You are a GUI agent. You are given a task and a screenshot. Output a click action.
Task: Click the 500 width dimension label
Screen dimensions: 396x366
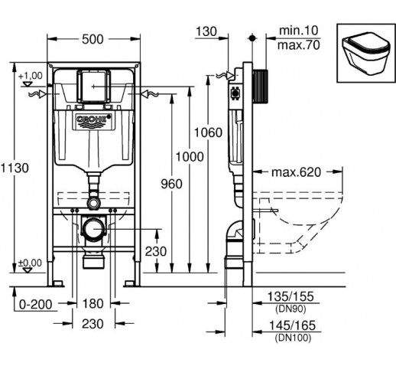click(93, 39)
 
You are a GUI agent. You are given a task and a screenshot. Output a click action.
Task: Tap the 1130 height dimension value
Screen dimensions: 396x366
click(15, 168)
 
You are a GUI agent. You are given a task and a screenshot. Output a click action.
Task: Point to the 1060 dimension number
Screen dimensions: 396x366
click(208, 132)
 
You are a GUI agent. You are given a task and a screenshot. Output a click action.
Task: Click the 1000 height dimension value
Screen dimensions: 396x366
click(190, 157)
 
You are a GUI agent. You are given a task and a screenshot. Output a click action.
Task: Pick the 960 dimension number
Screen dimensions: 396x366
click(172, 184)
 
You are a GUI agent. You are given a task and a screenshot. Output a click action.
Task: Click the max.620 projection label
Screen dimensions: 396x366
click(296, 172)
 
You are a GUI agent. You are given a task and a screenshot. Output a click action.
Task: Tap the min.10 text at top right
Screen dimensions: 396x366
click(299, 31)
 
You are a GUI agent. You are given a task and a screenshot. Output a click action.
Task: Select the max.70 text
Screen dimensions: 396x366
click(298, 45)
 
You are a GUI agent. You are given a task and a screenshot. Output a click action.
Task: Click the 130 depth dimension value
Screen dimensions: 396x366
click(206, 31)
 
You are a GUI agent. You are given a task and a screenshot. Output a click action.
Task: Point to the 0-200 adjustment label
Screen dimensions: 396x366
click(36, 304)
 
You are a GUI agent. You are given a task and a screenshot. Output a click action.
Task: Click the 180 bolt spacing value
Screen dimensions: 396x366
click(93, 304)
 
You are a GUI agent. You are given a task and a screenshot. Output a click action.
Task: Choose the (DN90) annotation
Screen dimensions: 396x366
click(291, 309)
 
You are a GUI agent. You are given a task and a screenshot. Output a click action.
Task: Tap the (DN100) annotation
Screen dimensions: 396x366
click(293, 338)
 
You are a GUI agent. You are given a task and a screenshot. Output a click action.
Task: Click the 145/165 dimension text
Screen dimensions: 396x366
click(292, 325)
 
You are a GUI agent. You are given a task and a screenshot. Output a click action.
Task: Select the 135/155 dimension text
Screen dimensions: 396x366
click(291, 296)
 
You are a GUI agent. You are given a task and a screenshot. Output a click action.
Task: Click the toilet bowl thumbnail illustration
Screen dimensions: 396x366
click(366, 54)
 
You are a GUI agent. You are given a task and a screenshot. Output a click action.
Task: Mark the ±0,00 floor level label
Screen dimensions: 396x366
click(30, 263)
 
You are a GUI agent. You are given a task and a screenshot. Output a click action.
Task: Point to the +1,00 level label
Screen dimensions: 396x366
click(31, 76)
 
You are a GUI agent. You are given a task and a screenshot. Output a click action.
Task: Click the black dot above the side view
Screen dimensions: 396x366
click(252, 38)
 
